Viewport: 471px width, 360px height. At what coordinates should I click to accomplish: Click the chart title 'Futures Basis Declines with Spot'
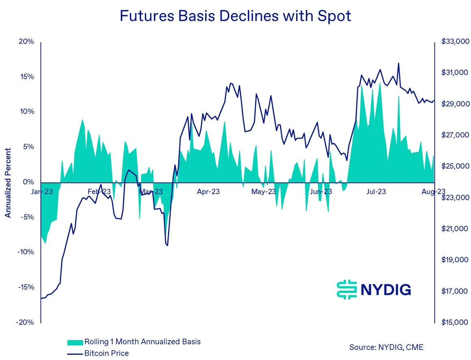pos(235,16)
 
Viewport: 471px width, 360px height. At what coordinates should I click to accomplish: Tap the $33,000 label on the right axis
pos(454,42)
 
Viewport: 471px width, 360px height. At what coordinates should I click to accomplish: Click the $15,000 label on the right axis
pos(454,322)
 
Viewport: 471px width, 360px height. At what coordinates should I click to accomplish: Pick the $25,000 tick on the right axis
pos(454,166)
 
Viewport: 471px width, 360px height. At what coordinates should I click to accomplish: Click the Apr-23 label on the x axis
pos(208,191)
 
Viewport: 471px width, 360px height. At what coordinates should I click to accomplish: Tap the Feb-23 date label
pos(99,191)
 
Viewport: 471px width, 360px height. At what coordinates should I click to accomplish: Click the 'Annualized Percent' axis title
pos(8,182)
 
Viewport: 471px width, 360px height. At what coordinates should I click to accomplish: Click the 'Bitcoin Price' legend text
pos(106,353)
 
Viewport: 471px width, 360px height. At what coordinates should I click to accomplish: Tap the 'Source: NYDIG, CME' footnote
pos(386,347)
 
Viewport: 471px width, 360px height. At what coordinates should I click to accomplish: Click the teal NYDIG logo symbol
pos(346,290)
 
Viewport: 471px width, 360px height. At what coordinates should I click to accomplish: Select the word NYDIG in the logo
pos(385,290)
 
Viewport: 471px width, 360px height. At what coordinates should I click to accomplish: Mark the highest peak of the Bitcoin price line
pos(398,63)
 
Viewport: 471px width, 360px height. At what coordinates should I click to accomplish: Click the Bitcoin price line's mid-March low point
pos(167,245)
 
